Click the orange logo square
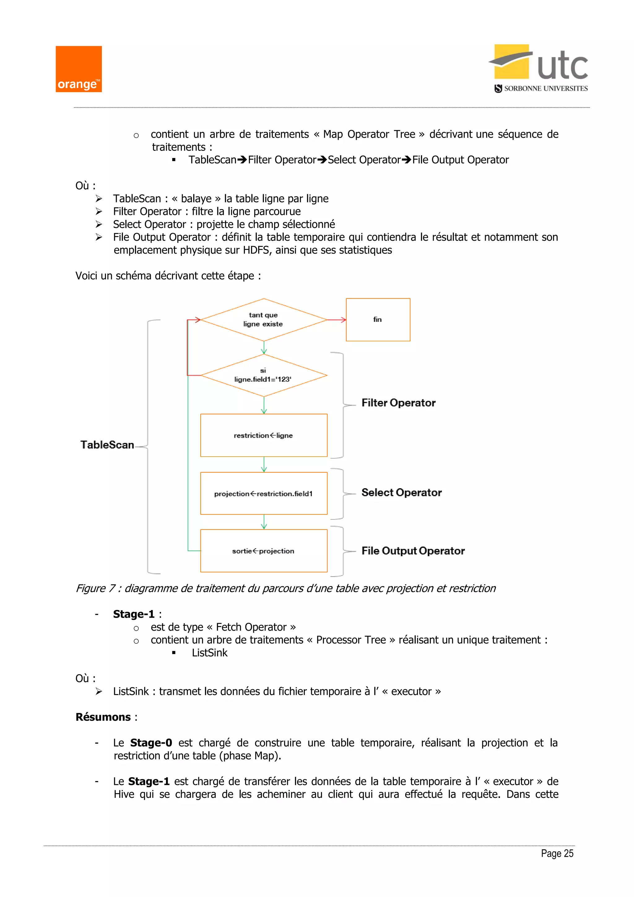coord(78,69)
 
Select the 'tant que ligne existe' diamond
coord(263,320)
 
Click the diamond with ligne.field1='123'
coord(263,375)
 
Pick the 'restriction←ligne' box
coord(263,435)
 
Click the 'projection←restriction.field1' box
coord(263,493)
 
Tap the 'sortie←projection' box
coord(263,551)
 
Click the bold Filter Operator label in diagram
coord(398,403)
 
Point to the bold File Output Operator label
coord(413,551)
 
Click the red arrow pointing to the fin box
coord(337,320)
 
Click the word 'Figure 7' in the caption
coord(95,589)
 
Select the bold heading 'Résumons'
coord(103,717)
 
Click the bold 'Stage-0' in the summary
coord(151,743)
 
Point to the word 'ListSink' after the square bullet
coord(209,653)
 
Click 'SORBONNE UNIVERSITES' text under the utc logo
coord(545,89)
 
